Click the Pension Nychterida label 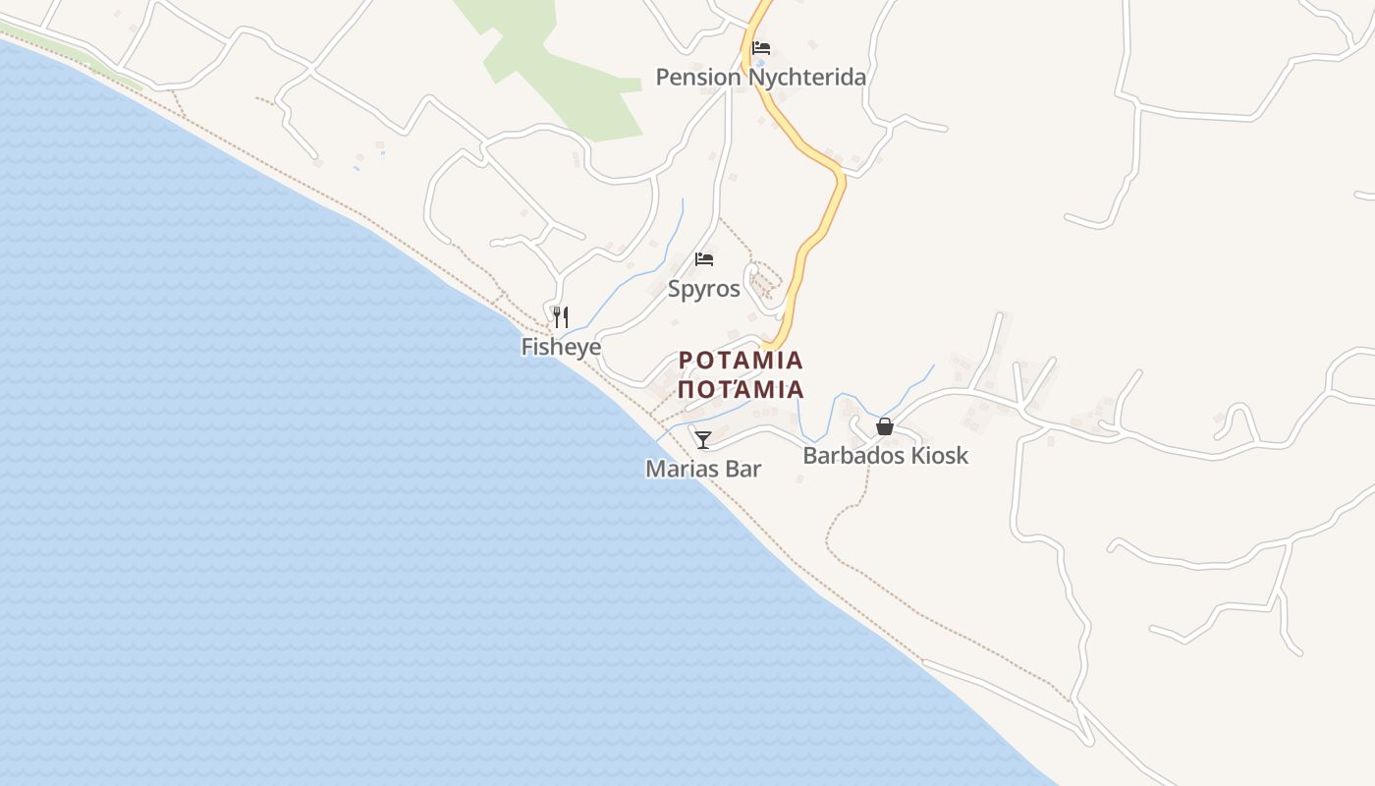click(x=760, y=77)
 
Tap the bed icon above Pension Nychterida click(x=760, y=47)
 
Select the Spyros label click(x=703, y=289)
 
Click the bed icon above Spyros click(x=703, y=259)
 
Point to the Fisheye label click(x=561, y=347)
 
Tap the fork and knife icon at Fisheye click(x=560, y=316)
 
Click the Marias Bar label click(x=703, y=469)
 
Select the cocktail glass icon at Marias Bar click(x=703, y=439)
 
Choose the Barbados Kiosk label click(x=885, y=455)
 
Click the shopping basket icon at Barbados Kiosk click(x=884, y=426)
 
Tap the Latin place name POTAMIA click(x=741, y=361)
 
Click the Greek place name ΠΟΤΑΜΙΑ click(x=741, y=389)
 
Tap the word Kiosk click(x=938, y=455)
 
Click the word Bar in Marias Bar click(x=743, y=469)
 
